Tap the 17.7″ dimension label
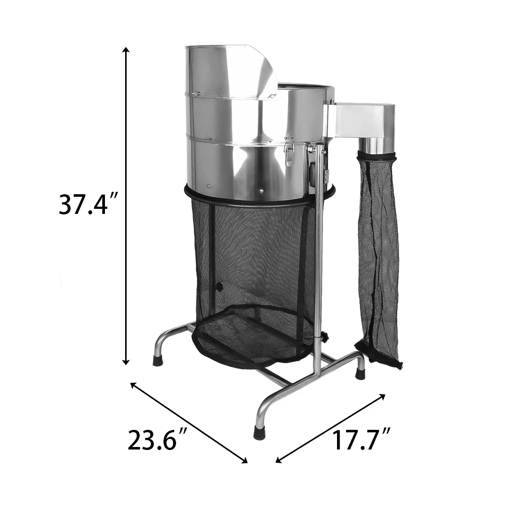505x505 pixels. coord(361,439)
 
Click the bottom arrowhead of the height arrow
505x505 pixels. coord(126,362)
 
